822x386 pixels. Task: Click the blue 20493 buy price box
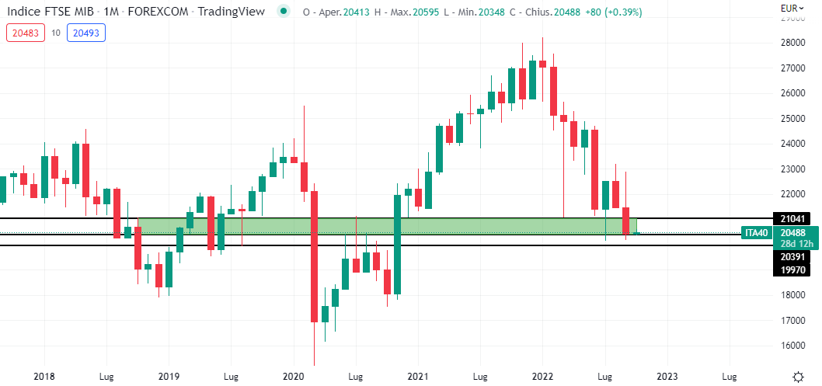(x=85, y=33)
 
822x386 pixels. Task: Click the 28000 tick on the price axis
(x=793, y=43)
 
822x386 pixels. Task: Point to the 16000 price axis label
(x=793, y=346)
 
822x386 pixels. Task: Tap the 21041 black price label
(x=791, y=219)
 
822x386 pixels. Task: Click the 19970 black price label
(x=791, y=269)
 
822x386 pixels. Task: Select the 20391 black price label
(x=791, y=256)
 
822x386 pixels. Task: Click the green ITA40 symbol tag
(x=757, y=233)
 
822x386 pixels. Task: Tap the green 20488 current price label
(x=793, y=233)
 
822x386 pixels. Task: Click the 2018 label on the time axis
(x=45, y=376)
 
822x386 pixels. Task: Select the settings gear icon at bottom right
(x=797, y=376)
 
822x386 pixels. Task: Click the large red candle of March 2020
(x=315, y=256)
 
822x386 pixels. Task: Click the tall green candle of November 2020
(x=397, y=245)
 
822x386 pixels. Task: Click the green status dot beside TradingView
(x=285, y=12)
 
